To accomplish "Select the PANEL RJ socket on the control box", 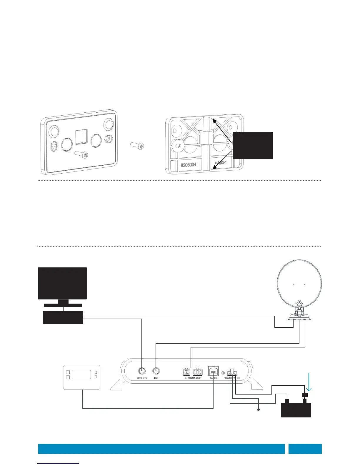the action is [213, 371].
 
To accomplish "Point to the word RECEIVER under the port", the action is [142, 378].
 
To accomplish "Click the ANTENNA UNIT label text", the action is [193, 378].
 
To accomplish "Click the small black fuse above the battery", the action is [305, 395].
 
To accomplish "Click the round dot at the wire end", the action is [259, 410].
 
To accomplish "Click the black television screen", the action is [62, 283].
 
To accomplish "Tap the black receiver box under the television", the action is [63, 317].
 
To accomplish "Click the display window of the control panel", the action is [81, 374].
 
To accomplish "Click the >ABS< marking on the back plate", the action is [220, 163].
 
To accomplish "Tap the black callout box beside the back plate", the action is [253, 146].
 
